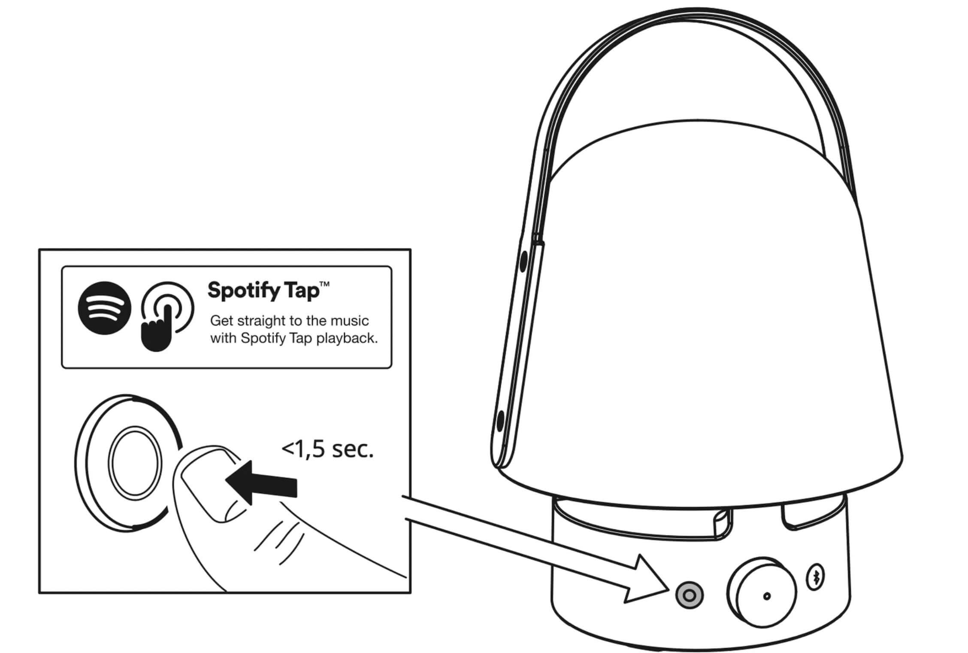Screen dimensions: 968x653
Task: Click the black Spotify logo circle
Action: (x=104, y=308)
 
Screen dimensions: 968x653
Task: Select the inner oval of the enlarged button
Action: (x=135, y=461)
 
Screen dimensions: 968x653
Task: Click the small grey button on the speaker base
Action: (x=689, y=595)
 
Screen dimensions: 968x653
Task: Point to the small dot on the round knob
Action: (x=767, y=596)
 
